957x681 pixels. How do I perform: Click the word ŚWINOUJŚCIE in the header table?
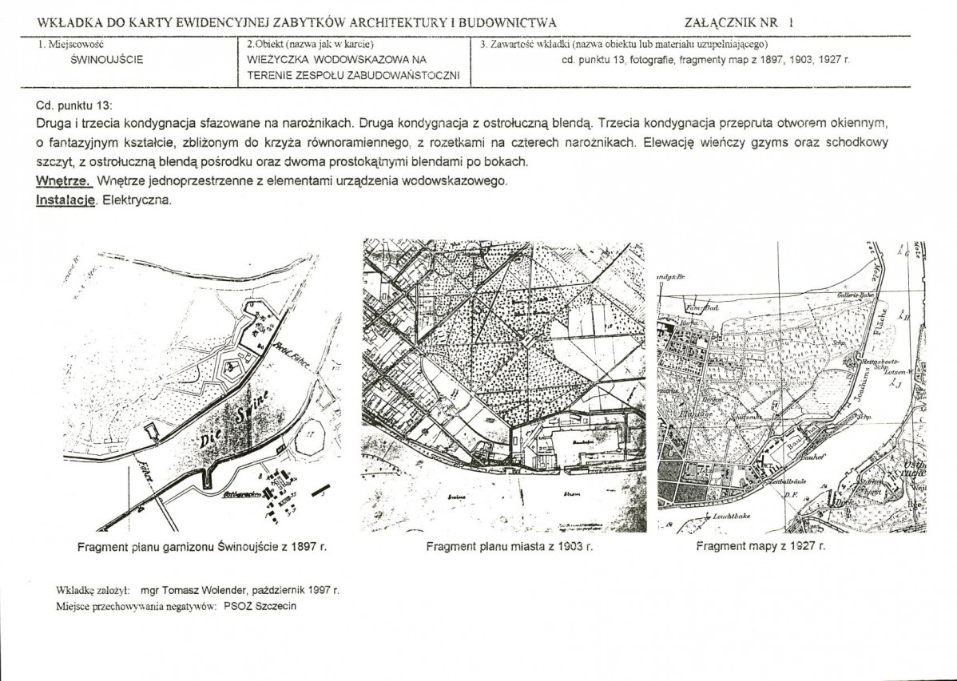(107, 60)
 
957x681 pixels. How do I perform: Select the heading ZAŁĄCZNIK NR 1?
(739, 22)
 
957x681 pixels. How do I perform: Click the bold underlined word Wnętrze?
(64, 181)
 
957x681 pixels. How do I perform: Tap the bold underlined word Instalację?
(66, 200)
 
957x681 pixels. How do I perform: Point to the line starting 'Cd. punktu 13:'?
(74, 105)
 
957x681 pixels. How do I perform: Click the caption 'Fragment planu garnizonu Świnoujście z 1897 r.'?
(202, 548)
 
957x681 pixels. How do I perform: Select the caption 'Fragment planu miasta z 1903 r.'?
(510, 547)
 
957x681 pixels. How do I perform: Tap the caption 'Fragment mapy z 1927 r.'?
(760, 547)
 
